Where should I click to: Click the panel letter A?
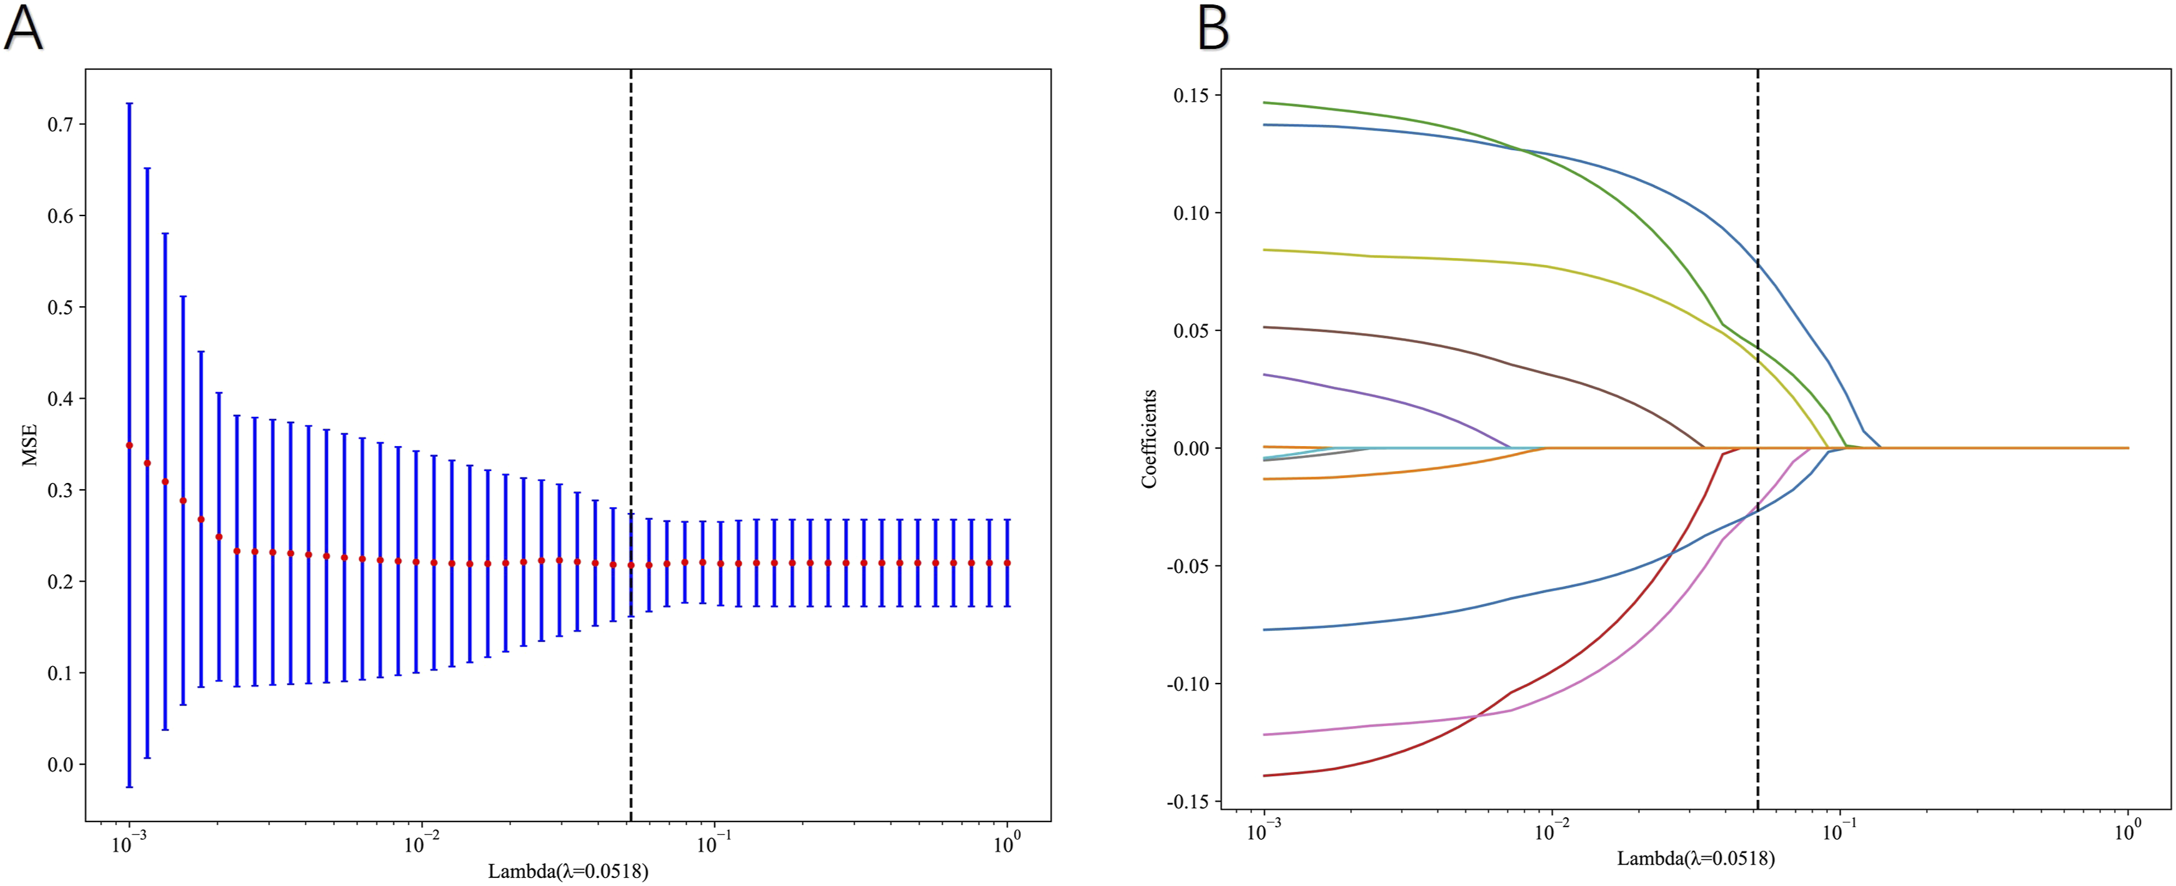coord(24,28)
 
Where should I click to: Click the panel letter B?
coord(1213,28)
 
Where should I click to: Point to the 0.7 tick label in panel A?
coord(60,125)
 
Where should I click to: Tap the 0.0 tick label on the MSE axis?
coord(60,765)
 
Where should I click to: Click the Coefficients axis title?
coord(1149,439)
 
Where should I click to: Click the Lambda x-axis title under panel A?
coord(569,871)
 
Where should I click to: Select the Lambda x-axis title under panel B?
coord(1696,859)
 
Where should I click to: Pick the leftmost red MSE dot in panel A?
coord(129,445)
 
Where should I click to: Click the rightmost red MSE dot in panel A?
coord(1007,562)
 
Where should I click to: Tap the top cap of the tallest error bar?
coord(129,104)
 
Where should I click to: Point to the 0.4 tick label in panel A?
coord(60,399)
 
